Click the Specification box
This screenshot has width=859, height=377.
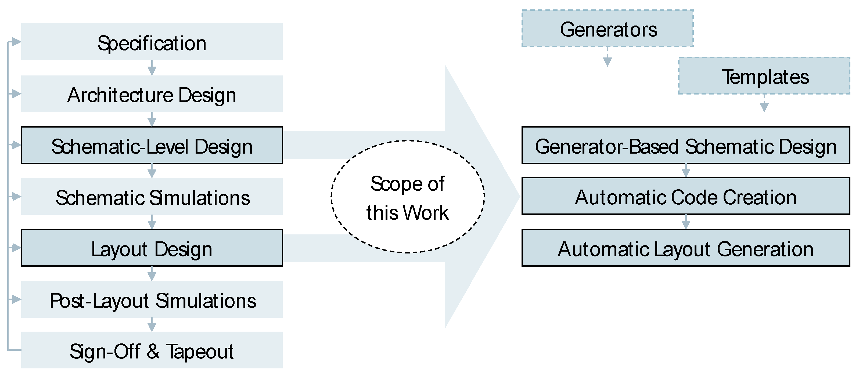click(152, 42)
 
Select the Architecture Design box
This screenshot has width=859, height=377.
click(152, 94)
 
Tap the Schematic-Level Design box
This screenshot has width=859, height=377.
click(152, 145)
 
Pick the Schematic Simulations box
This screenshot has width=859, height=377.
click(152, 197)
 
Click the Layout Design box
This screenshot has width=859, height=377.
click(152, 248)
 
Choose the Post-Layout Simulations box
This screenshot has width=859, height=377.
click(152, 300)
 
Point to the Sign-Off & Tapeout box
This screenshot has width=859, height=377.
click(152, 350)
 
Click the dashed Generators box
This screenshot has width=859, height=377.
click(607, 29)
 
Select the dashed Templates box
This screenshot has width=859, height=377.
click(764, 76)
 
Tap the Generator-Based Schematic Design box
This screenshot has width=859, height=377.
click(686, 145)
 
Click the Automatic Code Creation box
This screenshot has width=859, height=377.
click(686, 196)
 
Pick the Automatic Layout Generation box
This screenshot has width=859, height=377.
click(686, 248)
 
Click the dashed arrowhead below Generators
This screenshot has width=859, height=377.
click(608, 61)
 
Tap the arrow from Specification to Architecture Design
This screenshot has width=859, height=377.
click(152, 68)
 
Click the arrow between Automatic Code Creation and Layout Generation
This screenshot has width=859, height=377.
click(686, 222)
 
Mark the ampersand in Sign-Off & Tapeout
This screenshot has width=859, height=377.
click(153, 351)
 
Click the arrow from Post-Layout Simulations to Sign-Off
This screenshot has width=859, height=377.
click(152, 325)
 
